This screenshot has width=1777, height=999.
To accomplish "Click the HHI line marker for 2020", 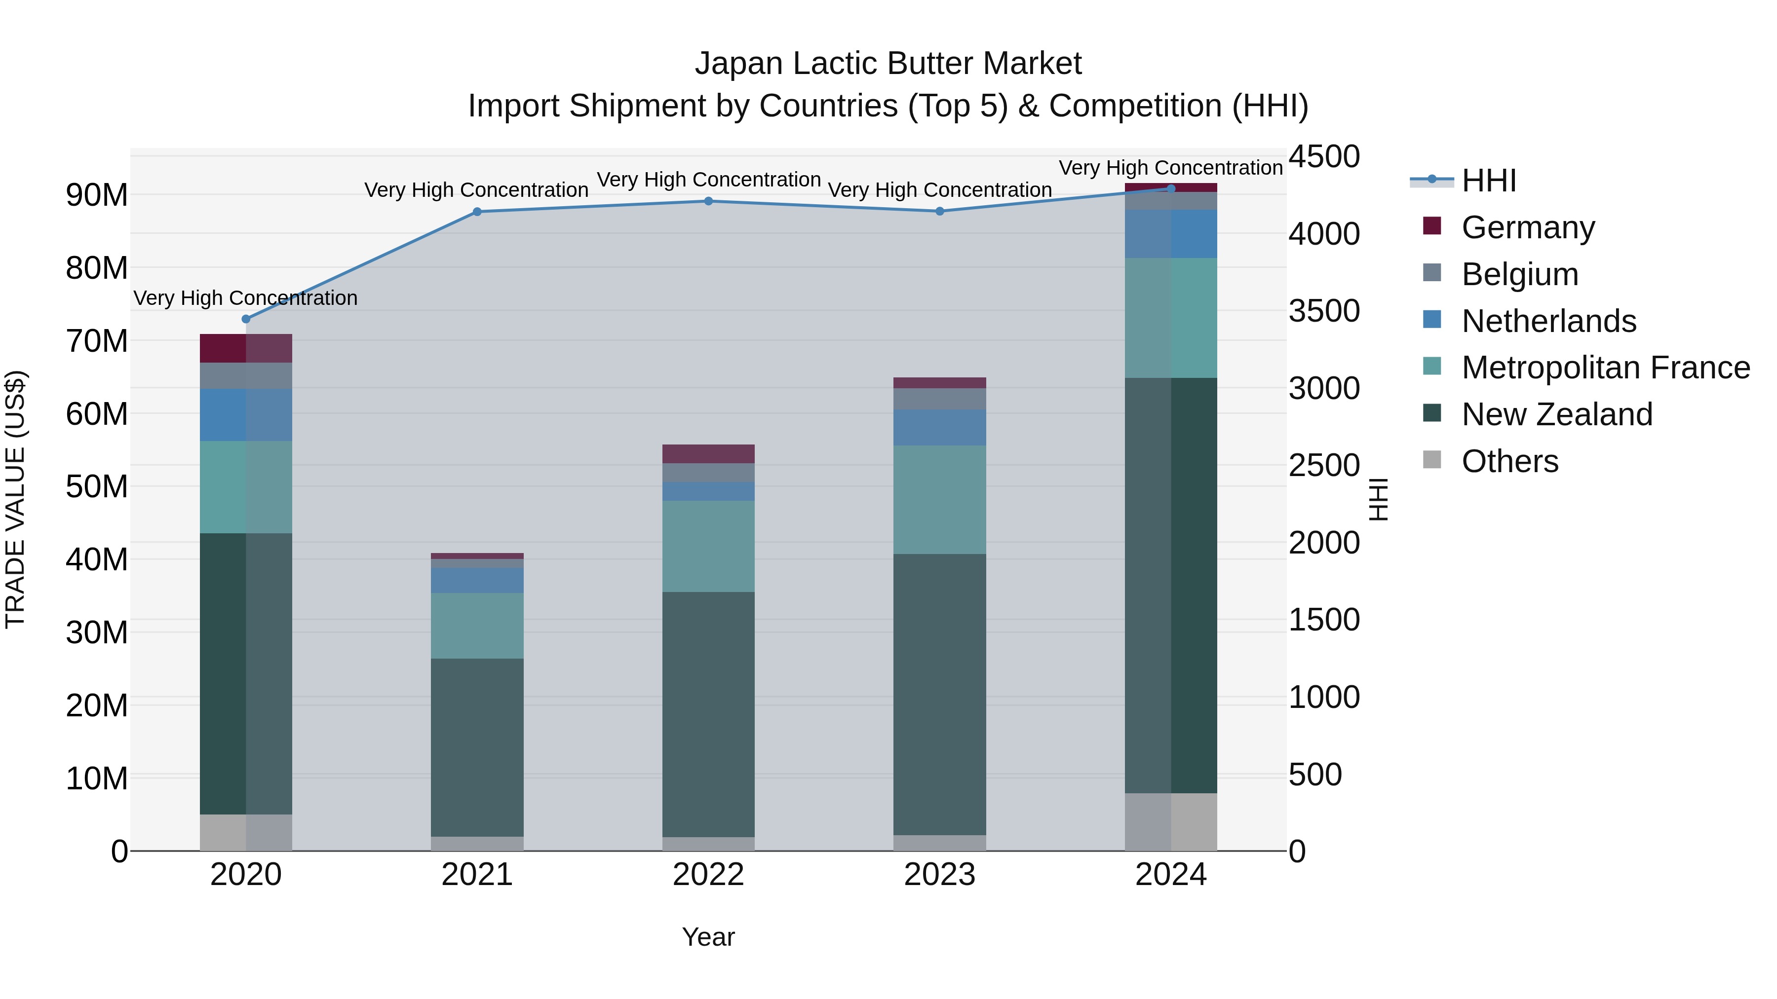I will coord(246,319).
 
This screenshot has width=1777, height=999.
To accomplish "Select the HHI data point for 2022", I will coord(708,201).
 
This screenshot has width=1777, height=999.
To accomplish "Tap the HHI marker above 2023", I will coord(939,212).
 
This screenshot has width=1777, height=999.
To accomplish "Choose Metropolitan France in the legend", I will coord(1605,368).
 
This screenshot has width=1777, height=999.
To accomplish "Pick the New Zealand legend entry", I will coord(1556,414).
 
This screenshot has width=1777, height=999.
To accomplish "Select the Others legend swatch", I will coord(1432,460).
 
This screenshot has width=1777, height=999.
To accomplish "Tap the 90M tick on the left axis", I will coord(97,195).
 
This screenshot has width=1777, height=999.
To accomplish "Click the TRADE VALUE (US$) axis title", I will coord(15,499).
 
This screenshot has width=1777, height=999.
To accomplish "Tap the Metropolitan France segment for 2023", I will coord(939,499).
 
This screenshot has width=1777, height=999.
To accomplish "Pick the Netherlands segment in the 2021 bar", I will coord(477,581).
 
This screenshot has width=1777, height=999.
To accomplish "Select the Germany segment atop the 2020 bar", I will coord(246,348).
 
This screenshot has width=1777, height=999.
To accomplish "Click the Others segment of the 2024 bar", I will coord(1171,822).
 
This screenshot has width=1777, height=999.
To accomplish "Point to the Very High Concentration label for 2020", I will coord(246,298).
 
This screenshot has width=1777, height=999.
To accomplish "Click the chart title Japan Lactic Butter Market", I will coord(888,64).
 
